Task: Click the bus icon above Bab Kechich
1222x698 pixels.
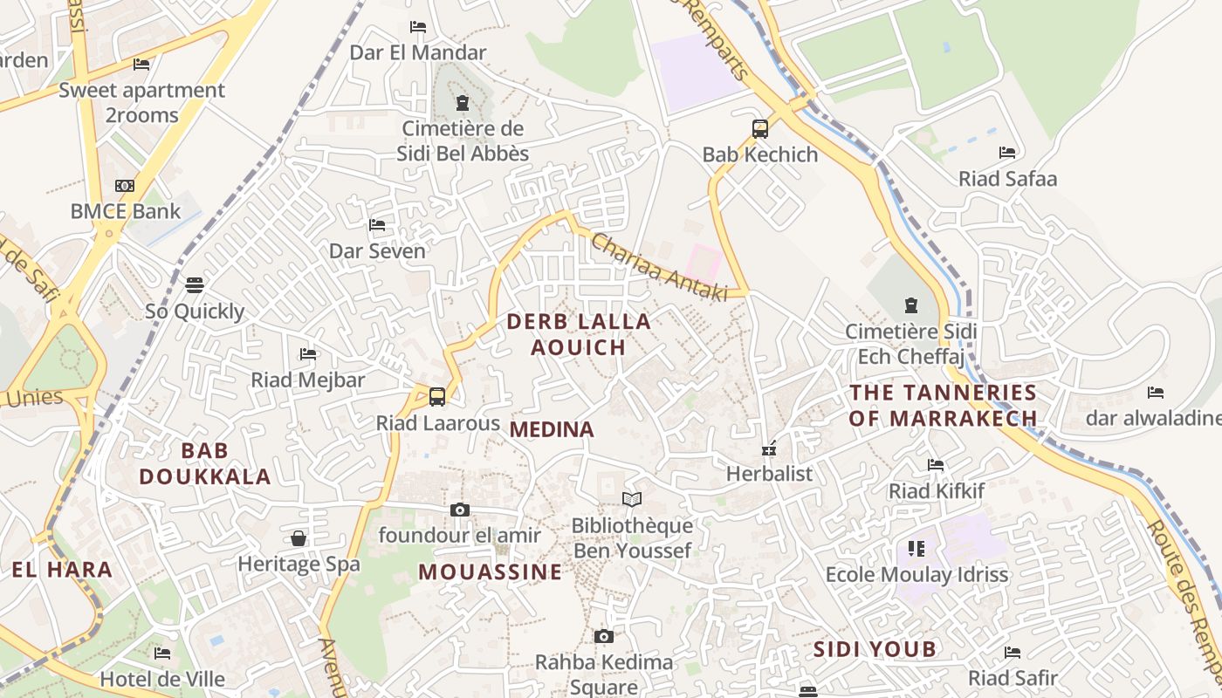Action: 760,129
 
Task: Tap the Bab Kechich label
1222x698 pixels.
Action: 760,154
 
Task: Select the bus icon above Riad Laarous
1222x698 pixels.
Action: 437,396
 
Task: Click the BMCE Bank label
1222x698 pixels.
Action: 126,210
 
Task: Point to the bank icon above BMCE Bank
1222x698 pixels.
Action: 125,186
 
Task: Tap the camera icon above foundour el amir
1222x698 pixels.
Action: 460,510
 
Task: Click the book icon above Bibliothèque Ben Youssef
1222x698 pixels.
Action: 632,499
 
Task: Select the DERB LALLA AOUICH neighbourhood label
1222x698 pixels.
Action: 579,334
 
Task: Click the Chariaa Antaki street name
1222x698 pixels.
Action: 659,267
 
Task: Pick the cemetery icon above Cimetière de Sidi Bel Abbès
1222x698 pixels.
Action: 462,104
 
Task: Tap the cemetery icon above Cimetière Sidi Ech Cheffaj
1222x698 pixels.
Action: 911,305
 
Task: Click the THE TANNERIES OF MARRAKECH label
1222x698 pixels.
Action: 944,405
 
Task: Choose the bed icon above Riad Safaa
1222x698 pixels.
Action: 1007,153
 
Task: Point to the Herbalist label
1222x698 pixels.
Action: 769,474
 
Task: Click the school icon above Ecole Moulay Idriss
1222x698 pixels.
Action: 916,549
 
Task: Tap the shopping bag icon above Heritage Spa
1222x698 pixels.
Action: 299,538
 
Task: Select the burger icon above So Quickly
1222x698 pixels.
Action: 195,285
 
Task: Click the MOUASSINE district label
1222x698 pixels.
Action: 490,572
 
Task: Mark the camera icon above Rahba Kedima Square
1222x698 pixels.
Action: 603,636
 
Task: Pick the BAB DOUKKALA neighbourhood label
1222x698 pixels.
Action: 205,463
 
